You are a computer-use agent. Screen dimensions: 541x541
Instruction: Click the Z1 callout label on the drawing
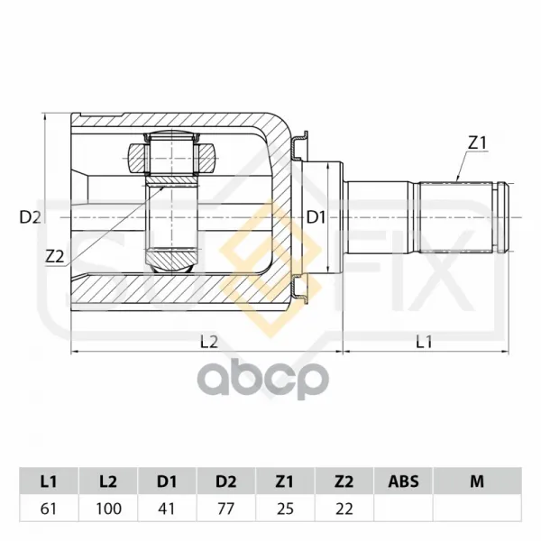(x=477, y=142)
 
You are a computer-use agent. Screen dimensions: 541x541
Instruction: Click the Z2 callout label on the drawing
(x=55, y=257)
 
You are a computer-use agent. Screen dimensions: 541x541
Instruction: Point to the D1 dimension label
(x=316, y=217)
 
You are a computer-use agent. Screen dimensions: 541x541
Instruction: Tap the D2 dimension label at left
(x=31, y=217)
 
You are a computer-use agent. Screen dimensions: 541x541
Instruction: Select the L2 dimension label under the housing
(x=209, y=342)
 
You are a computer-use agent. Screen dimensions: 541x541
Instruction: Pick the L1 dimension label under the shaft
(x=424, y=342)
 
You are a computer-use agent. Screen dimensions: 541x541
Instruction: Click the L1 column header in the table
(x=49, y=481)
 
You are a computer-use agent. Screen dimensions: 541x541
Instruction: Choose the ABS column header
(x=403, y=481)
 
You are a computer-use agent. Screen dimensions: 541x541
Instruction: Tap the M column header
(x=477, y=481)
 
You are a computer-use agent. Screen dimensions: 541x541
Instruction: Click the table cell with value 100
(x=108, y=509)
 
